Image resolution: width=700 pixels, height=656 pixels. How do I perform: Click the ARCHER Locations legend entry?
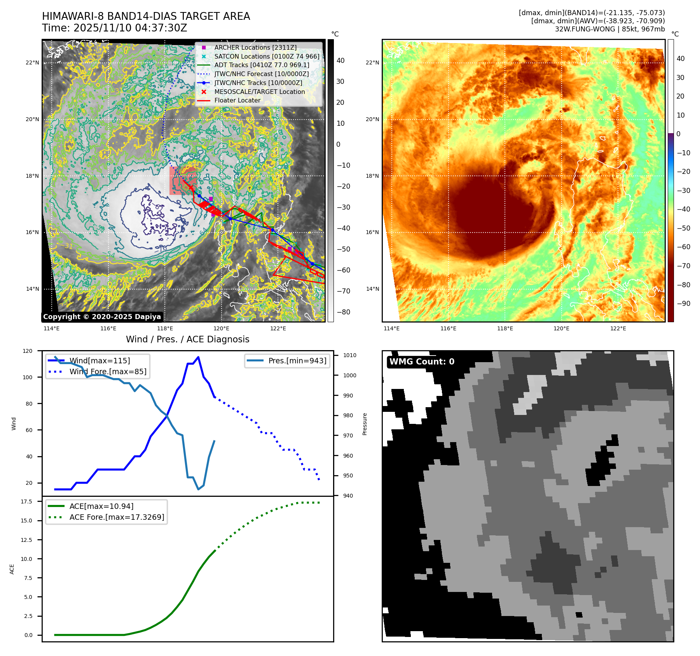pyautogui.click(x=255, y=47)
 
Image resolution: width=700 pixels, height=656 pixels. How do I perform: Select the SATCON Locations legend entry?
pyautogui.click(x=267, y=56)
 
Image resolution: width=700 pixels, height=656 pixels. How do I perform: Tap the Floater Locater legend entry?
pyautogui.click(x=237, y=100)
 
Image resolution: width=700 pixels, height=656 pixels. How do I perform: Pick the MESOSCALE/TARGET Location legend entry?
pyautogui.click(x=259, y=92)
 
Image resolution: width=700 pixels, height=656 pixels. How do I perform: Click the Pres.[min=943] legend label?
pyautogui.click(x=297, y=361)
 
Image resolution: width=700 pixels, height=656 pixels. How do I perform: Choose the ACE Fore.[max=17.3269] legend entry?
pyautogui.click(x=117, y=517)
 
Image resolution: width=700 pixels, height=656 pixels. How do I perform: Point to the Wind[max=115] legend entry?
pyautogui.click(x=100, y=361)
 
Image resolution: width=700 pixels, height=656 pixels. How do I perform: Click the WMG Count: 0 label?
pyautogui.click(x=422, y=362)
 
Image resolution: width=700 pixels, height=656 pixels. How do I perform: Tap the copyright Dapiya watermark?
pyautogui.click(x=102, y=317)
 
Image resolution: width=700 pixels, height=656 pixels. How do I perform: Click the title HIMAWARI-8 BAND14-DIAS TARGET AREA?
pyautogui.click(x=146, y=16)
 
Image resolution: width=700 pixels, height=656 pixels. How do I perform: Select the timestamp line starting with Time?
pyautogui.click(x=115, y=28)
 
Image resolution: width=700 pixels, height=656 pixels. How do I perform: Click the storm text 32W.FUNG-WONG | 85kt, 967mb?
pyautogui.click(x=609, y=29)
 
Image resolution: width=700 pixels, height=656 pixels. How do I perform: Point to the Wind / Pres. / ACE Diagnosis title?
pyautogui.click(x=187, y=339)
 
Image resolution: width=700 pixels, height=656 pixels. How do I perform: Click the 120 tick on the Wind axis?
pyautogui.click(x=28, y=351)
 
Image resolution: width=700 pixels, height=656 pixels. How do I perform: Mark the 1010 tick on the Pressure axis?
pyautogui.click(x=349, y=355)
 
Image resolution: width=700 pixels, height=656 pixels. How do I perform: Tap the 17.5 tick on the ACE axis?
pyautogui.click(x=26, y=502)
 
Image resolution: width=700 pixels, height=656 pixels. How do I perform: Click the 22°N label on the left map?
pyautogui.click(x=32, y=63)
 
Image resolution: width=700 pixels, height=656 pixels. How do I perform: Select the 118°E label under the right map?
pyautogui.click(x=505, y=328)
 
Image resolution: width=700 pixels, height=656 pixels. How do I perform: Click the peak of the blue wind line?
pyautogui.click(x=198, y=357)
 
